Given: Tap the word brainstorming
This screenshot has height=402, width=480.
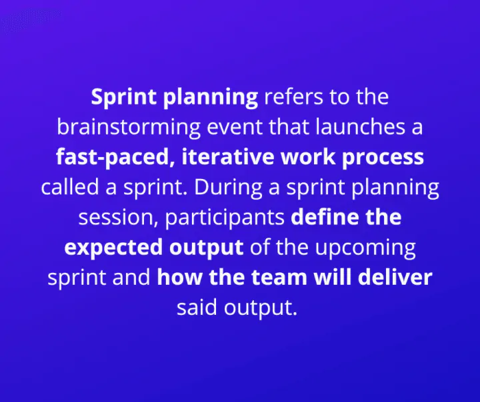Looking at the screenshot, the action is pos(129,128).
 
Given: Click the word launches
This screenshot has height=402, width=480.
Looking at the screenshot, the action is pos(360,127).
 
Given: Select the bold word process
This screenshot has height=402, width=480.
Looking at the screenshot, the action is pos(383,158).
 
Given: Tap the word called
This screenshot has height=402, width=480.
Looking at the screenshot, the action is pos(70,187).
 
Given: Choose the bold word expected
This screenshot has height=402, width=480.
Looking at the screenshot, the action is pos(113,248).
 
